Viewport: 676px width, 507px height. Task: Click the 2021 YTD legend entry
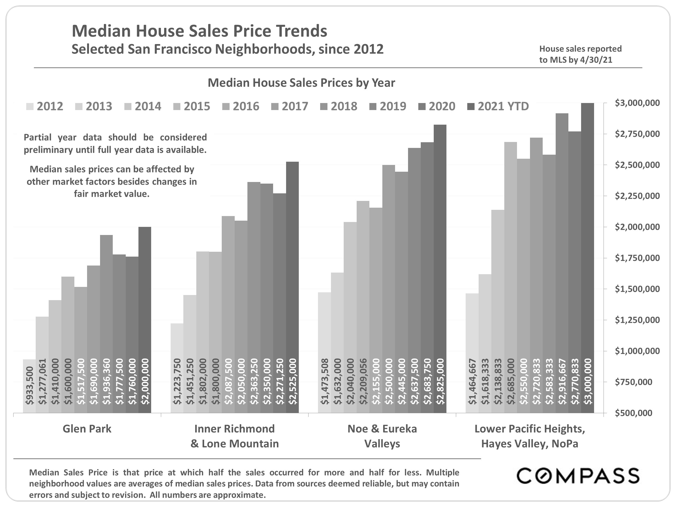pyautogui.click(x=498, y=106)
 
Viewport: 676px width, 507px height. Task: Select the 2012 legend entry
pyautogui.click(x=45, y=106)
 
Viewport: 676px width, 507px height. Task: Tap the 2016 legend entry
pyautogui.click(x=241, y=106)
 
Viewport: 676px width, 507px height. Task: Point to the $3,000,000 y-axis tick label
pyautogui.click(x=637, y=103)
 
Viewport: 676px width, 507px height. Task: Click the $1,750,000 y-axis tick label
pyautogui.click(x=637, y=258)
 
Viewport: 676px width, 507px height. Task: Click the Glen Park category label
pyautogui.click(x=87, y=429)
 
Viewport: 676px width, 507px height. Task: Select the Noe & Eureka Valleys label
pyautogui.click(x=382, y=436)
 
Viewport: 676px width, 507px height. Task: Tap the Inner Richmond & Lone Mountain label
pyautogui.click(x=234, y=436)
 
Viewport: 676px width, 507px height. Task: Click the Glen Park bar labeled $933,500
pyautogui.click(x=29, y=386)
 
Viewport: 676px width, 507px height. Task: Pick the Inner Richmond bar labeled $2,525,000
pyautogui.click(x=293, y=287)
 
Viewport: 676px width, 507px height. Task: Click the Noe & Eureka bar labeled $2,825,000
pyautogui.click(x=440, y=269)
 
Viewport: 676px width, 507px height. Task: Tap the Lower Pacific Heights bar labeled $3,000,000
pyautogui.click(x=587, y=258)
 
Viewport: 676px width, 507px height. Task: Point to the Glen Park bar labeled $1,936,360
pyautogui.click(x=106, y=324)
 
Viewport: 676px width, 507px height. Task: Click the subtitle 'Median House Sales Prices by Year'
pyautogui.click(x=301, y=83)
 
